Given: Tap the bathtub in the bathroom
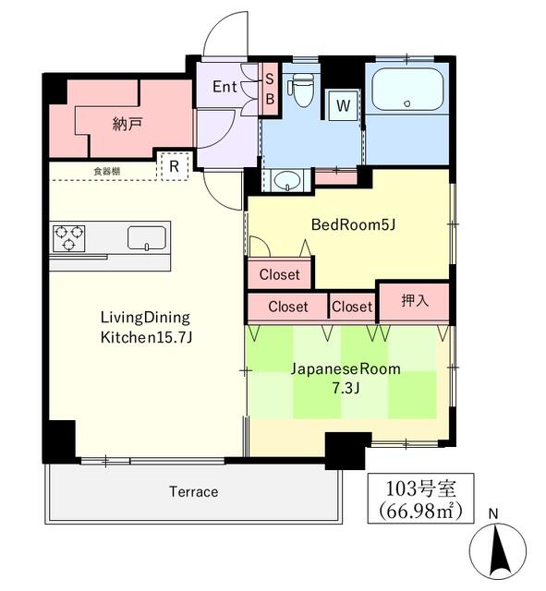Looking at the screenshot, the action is pyautogui.click(x=407, y=90).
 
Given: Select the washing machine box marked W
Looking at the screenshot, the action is pyautogui.click(x=343, y=105).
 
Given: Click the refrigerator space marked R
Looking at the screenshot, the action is pyautogui.click(x=174, y=166).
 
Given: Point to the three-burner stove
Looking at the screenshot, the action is pyautogui.click(x=68, y=238).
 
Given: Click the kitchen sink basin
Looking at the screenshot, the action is pyautogui.click(x=147, y=238).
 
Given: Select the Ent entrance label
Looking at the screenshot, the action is pyautogui.click(x=224, y=87).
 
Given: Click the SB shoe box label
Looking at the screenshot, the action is pyautogui.click(x=270, y=89).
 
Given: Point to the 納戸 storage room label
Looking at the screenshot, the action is pyautogui.click(x=127, y=124).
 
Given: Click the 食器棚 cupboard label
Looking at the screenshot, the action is pyautogui.click(x=107, y=172).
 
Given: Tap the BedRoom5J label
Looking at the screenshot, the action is pyautogui.click(x=353, y=225).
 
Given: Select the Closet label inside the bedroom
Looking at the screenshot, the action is pyautogui.click(x=279, y=274).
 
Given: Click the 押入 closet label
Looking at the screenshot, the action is pyautogui.click(x=415, y=300).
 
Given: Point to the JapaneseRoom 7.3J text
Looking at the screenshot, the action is pyautogui.click(x=346, y=378).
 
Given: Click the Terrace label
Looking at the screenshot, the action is pyautogui.click(x=193, y=491).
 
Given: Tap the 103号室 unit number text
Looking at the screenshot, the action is pyautogui.click(x=420, y=488).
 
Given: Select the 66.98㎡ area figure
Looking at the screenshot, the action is pyautogui.click(x=420, y=511).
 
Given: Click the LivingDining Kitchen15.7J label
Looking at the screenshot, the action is pyautogui.click(x=146, y=327).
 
